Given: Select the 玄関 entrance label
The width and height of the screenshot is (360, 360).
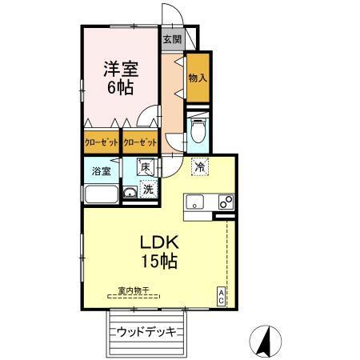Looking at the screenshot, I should pyautogui.click(x=172, y=38).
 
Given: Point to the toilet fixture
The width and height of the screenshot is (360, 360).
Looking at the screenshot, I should pyautogui.click(x=198, y=130).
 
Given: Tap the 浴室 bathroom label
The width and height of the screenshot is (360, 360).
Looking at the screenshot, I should pyautogui.click(x=101, y=170).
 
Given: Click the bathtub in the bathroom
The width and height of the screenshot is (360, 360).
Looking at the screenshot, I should pyautogui.click(x=101, y=195).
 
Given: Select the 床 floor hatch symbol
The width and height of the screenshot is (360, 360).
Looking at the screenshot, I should pyautogui.click(x=146, y=168).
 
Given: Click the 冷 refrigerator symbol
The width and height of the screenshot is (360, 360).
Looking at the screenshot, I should pyautogui.click(x=199, y=168).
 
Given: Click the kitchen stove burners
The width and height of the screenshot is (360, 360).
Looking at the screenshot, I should pyautogui.click(x=225, y=201).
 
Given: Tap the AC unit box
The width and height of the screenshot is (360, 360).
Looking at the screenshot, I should pyautogui.click(x=222, y=297).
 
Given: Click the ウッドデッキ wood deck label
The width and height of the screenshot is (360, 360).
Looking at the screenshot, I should pyautogui.click(x=146, y=330).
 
